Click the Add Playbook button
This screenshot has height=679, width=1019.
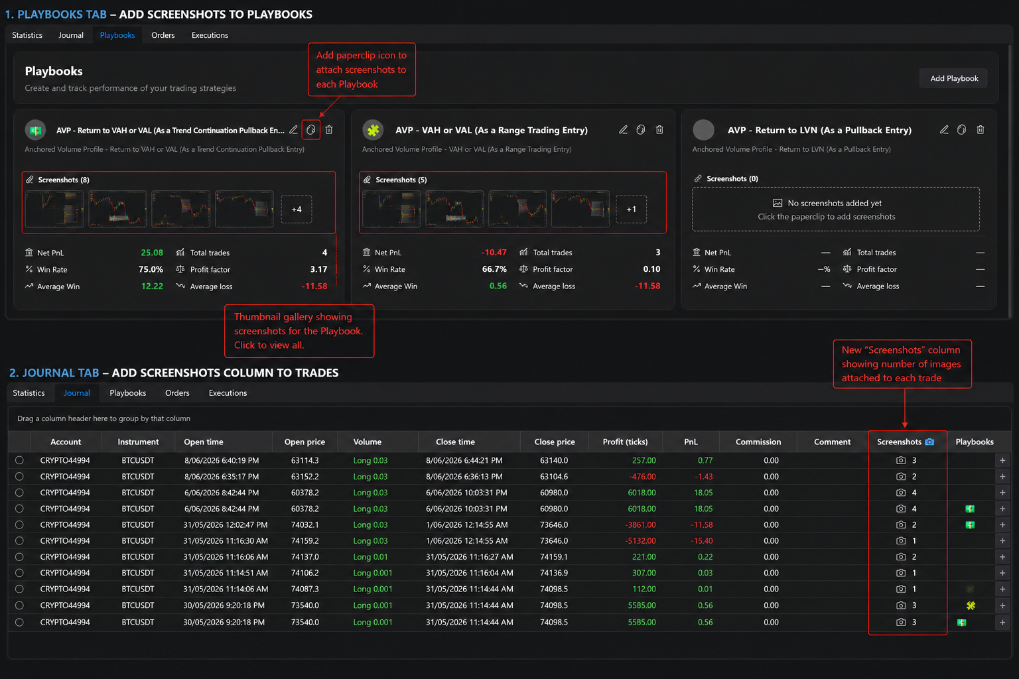[x=953, y=78]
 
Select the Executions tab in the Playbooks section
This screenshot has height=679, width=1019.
[x=210, y=35]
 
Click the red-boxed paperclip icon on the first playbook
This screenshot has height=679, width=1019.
[x=310, y=130]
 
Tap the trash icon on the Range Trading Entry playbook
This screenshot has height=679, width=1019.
[x=659, y=130]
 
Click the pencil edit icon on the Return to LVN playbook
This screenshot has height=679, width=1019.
[x=945, y=130]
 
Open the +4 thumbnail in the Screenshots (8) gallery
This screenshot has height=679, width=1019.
[x=297, y=209]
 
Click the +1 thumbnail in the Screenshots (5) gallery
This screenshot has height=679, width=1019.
[x=631, y=209]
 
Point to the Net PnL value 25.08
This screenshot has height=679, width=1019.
[x=152, y=253]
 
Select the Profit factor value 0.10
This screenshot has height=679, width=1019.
[x=651, y=269]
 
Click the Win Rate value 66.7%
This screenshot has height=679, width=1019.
[x=494, y=269]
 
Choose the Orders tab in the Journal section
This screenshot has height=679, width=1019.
[x=177, y=393]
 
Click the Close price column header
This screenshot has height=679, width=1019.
[x=555, y=442]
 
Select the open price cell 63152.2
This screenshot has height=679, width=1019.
[x=305, y=477]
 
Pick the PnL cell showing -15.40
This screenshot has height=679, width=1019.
[x=701, y=540]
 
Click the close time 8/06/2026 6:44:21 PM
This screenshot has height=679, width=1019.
[x=464, y=460]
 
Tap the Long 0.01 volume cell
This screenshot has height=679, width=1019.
[x=370, y=557]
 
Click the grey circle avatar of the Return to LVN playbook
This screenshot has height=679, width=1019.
[x=703, y=130]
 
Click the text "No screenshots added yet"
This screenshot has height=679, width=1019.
[x=835, y=204]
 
